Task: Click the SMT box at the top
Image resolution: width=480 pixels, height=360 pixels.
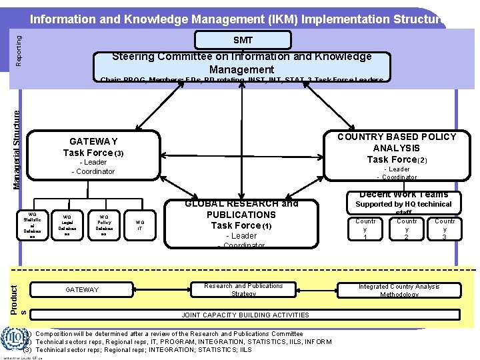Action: point(242,40)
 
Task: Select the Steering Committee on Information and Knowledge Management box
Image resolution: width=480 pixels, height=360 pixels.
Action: point(241,63)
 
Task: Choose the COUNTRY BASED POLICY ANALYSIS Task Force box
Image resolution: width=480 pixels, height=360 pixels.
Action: point(396,155)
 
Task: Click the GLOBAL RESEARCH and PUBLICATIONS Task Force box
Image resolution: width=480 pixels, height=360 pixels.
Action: point(241,223)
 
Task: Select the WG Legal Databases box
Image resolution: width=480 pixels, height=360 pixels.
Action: point(67,225)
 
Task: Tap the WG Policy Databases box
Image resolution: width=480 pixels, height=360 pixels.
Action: point(104,225)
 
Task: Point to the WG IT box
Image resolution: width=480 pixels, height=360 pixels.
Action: point(139,225)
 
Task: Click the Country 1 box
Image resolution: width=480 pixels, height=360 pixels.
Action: point(365,229)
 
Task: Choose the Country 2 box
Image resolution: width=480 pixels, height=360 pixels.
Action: point(407,229)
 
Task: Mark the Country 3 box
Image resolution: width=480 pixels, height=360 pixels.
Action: point(445,229)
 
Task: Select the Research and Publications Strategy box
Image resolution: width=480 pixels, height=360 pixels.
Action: point(243,290)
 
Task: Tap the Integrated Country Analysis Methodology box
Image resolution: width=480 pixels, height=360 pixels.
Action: point(399,290)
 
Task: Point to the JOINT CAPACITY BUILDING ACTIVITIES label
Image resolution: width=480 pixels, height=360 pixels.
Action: point(245,315)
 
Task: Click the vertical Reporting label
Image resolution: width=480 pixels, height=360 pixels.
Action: point(19,51)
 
